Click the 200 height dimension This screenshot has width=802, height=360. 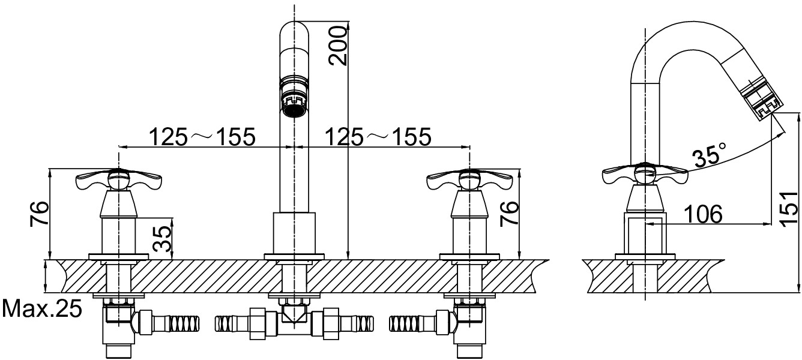point(337,46)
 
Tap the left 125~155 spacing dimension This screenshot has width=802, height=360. point(202,137)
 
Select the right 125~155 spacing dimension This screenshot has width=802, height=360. point(378,137)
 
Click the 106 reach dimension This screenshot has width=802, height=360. point(703,214)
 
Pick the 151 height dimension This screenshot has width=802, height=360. point(789,208)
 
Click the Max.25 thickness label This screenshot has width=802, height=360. point(42,308)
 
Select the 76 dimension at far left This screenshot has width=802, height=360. point(38,214)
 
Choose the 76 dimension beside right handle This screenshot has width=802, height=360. point(508,213)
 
